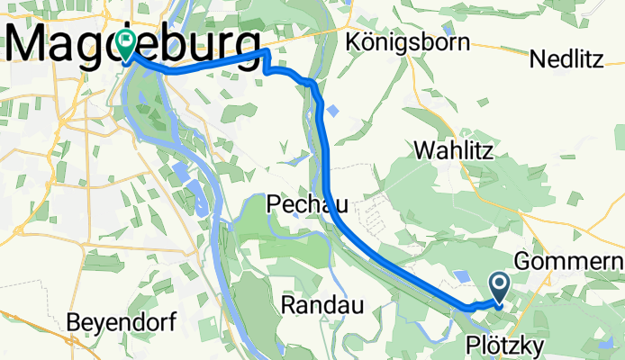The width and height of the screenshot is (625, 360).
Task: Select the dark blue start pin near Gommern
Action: pos(500,286)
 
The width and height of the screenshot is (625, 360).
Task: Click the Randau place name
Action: pos(322,306)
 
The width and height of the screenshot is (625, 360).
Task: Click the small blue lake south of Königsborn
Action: pos(333,111)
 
